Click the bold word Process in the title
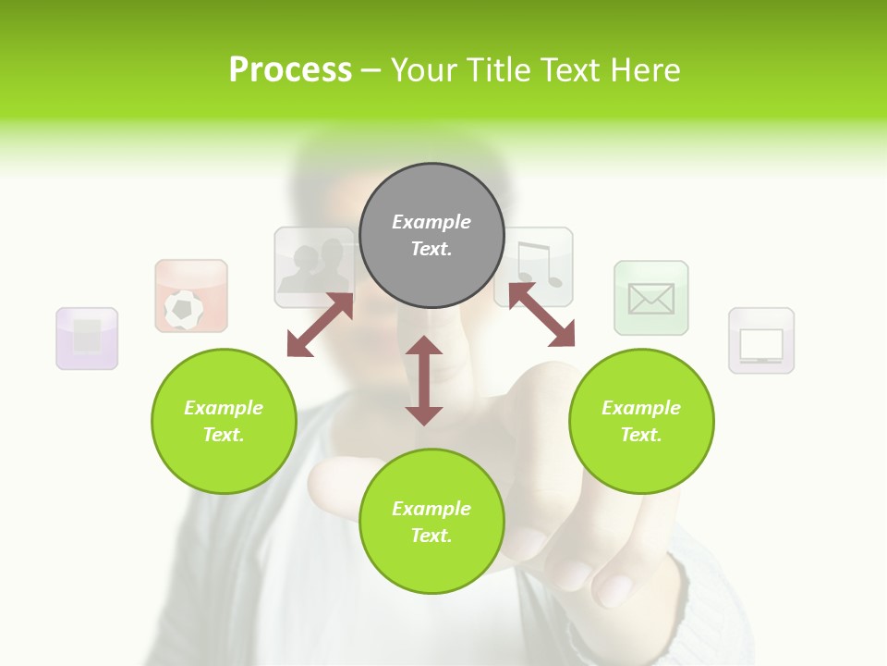coord(290,70)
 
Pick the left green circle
coord(224,421)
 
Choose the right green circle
coord(641,421)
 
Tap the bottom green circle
coord(431,522)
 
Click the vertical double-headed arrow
coord(424,380)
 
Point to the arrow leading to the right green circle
coord(541,314)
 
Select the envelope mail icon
coord(651,298)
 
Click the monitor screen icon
coord(761,340)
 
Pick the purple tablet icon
coord(87,339)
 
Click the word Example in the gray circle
coord(431,222)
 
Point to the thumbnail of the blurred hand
coord(554,481)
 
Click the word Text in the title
coord(565,70)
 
